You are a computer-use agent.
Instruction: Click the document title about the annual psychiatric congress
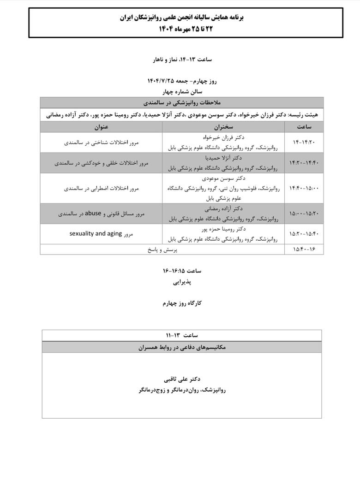[x=181, y=18]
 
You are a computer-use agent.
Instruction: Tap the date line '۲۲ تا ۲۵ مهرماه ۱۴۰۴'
[x=181, y=29]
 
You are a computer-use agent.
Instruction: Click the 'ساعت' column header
[x=304, y=126]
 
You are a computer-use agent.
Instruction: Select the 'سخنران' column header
[x=224, y=126]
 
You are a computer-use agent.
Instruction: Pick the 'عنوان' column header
[x=102, y=126]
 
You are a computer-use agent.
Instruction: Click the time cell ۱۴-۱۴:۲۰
[x=304, y=142]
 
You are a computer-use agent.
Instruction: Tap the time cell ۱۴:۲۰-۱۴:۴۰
[x=304, y=163]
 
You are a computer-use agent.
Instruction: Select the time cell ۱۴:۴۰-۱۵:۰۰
[x=304, y=188]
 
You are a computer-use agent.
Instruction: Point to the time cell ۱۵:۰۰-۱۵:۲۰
[x=304, y=213]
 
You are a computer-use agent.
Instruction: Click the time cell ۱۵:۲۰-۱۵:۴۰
[x=304, y=234]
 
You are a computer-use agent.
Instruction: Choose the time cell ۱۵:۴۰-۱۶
[x=304, y=249]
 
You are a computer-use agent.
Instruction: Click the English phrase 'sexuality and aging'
[x=96, y=234]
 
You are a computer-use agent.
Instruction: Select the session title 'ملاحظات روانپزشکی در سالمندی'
[x=181, y=102]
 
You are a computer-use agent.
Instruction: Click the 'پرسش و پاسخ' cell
[x=162, y=249]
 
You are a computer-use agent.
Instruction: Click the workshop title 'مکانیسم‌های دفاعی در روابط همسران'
[x=181, y=347]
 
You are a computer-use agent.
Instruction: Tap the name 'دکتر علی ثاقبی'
[x=182, y=379]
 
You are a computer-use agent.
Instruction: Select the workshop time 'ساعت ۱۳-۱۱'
[x=181, y=335]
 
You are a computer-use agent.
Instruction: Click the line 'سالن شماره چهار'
[x=181, y=91]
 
